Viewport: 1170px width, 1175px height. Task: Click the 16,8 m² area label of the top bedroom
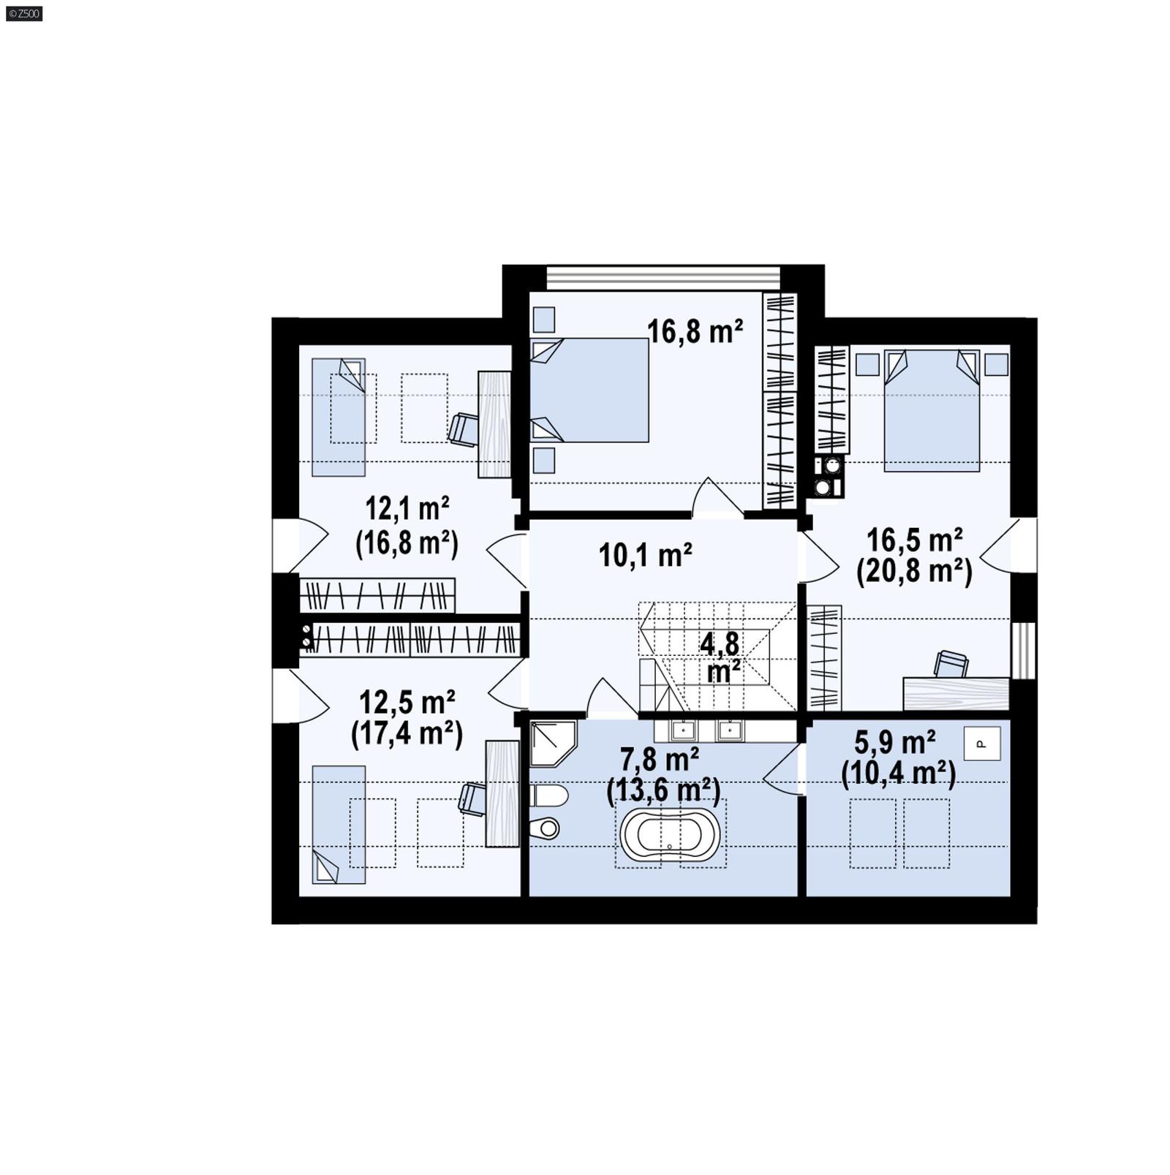pyautogui.click(x=695, y=331)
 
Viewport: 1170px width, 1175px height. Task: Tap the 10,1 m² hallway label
pyautogui.click(x=645, y=555)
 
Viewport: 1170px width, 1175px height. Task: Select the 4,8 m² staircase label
pyautogui.click(x=720, y=657)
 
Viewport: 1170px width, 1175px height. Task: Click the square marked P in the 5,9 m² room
pyautogui.click(x=981, y=744)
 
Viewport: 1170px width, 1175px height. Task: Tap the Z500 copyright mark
pyautogui.click(x=24, y=13)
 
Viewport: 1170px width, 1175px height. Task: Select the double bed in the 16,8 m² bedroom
pyautogui.click(x=589, y=390)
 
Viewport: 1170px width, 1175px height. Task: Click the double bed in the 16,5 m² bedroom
pyautogui.click(x=931, y=410)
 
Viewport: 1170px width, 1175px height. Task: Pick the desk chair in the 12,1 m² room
pyautogui.click(x=464, y=429)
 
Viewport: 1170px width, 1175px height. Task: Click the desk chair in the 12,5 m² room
pyautogui.click(x=472, y=798)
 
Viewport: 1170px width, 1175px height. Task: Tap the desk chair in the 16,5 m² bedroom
pyautogui.click(x=951, y=664)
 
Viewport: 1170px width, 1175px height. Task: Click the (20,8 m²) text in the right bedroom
pyautogui.click(x=914, y=572)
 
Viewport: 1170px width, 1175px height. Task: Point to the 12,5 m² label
pyautogui.click(x=407, y=702)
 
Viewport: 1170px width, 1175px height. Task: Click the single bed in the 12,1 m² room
pyautogui.click(x=339, y=417)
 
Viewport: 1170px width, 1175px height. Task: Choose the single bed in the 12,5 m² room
pyautogui.click(x=339, y=824)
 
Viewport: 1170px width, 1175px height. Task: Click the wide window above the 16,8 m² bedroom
pyautogui.click(x=663, y=278)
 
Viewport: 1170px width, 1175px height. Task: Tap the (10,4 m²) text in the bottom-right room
pyautogui.click(x=898, y=774)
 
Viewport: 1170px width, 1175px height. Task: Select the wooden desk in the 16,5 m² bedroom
pyautogui.click(x=956, y=693)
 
